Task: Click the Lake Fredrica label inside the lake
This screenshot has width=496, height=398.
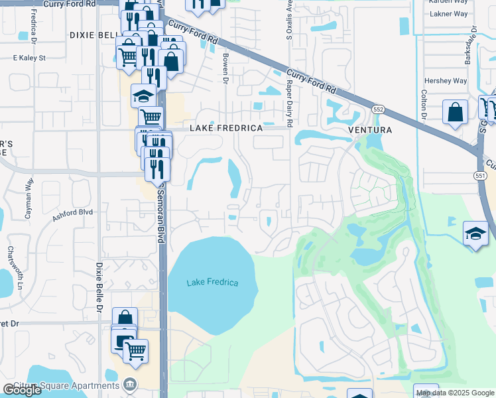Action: coord(212,283)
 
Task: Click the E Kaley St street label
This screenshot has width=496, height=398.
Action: coord(29,58)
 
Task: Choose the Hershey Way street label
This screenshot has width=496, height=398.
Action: coord(445,81)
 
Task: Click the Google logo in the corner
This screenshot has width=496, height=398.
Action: coord(22,391)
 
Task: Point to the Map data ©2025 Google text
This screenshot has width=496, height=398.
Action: coord(455,393)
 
